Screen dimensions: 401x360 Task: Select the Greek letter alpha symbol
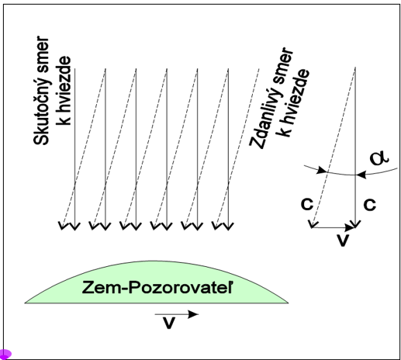coord(379,157)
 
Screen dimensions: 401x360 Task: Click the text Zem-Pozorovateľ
coord(157,287)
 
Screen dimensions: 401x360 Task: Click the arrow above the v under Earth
coord(176,314)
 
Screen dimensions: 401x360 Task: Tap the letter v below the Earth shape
coord(169,323)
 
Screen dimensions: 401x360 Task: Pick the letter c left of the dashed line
coord(307,203)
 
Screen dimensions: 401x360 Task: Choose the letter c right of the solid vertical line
coord(370,204)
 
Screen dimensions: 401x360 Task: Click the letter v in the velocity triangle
coord(343,241)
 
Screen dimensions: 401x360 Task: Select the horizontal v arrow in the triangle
coord(334,227)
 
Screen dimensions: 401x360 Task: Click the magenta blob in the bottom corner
coord(5,354)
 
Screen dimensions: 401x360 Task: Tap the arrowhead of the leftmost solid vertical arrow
coord(75,227)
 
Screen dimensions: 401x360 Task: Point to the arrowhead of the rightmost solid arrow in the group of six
coord(228,227)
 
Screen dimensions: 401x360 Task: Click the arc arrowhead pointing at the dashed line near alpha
coord(322,170)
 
